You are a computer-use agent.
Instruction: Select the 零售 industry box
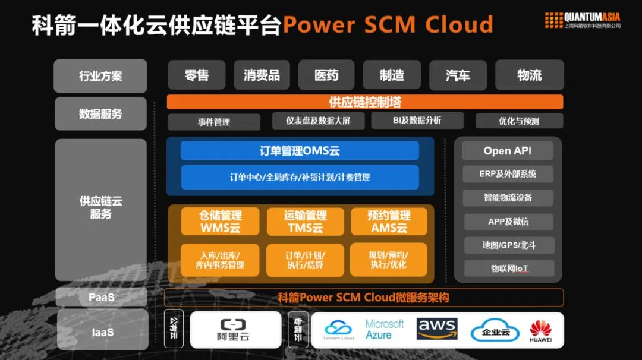[x=197, y=75]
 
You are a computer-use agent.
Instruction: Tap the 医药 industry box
[x=326, y=75]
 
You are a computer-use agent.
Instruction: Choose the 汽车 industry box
[x=458, y=75]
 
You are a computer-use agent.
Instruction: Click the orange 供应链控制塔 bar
[x=365, y=102]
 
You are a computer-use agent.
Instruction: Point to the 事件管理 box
[x=214, y=122]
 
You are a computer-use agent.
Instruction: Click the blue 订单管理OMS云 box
[x=300, y=151]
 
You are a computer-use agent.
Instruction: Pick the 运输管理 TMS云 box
[x=305, y=221]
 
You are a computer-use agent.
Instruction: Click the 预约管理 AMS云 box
[x=389, y=221]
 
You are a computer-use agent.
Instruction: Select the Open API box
[x=508, y=151]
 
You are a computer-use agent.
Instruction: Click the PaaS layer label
[x=101, y=297]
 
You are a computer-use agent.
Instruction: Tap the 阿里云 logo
[x=235, y=330]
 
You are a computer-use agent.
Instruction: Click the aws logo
[x=437, y=329]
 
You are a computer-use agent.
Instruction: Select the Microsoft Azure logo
[x=385, y=329]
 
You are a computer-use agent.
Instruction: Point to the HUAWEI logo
[x=541, y=331]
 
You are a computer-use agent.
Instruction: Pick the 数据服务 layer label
[x=100, y=113]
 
